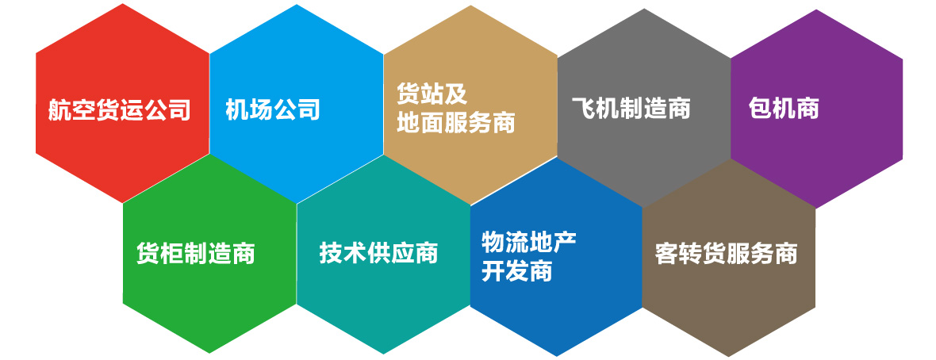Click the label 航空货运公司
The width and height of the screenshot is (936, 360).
(x=120, y=110)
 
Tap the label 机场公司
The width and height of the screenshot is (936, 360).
(x=273, y=110)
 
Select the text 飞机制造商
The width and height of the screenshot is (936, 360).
(x=631, y=109)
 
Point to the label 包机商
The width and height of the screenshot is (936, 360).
(x=784, y=109)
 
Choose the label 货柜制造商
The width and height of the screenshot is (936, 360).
(x=196, y=253)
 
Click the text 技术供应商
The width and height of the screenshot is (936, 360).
(x=379, y=252)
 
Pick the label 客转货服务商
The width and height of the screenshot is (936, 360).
(x=727, y=254)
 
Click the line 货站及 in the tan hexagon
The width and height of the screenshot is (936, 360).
(x=432, y=94)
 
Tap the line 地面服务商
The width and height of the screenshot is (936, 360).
(x=456, y=122)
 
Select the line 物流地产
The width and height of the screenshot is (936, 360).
(x=529, y=242)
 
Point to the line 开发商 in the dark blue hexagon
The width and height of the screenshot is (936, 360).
(x=517, y=271)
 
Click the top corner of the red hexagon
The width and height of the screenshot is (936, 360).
(x=123, y=4)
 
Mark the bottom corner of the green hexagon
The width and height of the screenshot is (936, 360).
(x=209, y=353)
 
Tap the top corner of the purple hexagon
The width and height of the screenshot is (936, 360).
(x=816, y=10)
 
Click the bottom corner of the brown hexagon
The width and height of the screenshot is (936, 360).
(x=729, y=356)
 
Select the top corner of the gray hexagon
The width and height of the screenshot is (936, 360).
(x=644, y=9)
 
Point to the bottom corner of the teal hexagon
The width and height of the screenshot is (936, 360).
(x=383, y=354)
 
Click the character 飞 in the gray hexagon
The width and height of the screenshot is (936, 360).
(x=583, y=109)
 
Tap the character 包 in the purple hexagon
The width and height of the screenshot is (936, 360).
(x=760, y=109)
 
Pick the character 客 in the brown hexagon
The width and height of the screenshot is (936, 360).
(x=667, y=254)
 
